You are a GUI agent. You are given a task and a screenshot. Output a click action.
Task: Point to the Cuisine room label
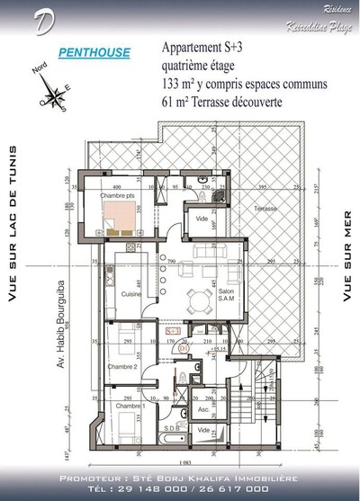(x=119, y=293)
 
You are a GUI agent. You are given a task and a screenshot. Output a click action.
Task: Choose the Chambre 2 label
(x=121, y=367)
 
